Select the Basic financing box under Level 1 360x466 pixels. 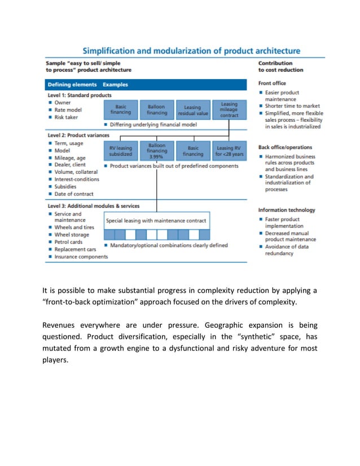click(x=121, y=109)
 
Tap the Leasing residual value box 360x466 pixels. click(x=192, y=109)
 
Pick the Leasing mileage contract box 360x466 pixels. click(x=229, y=109)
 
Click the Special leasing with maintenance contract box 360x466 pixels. click(x=156, y=220)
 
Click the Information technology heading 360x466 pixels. click(x=287, y=210)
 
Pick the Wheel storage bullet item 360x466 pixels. click(x=72, y=235)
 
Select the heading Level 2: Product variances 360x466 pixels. click(x=78, y=135)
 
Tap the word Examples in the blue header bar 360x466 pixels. click(x=116, y=85)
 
